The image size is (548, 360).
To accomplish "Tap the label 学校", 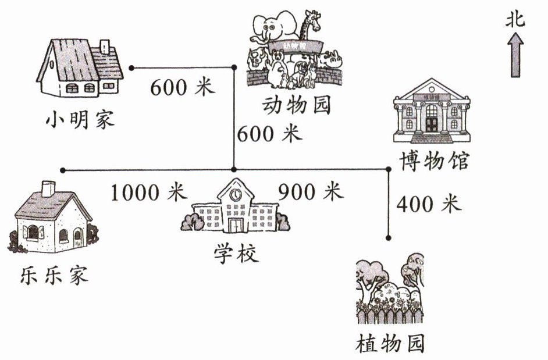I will pyautogui.click(x=235, y=254).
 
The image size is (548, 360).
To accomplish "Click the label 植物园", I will pyautogui.click(x=390, y=343).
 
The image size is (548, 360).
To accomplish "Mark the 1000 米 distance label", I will pyautogui.click(x=147, y=193).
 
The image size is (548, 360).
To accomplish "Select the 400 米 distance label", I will pyautogui.click(x=428, y=204).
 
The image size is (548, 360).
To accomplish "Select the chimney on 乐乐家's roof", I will pyautogui.click(x=48, y=188).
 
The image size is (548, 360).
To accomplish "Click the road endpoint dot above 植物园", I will pyautogui.click(x=389, y=237).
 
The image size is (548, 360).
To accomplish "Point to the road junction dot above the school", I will pyautogui.click(x=234, y=170).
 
